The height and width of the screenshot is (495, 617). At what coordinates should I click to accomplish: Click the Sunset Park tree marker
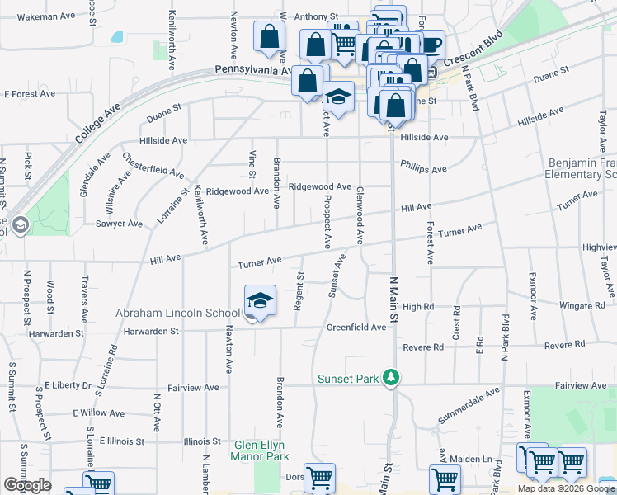(392, 379)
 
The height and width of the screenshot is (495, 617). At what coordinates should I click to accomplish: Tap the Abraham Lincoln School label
(177, 313)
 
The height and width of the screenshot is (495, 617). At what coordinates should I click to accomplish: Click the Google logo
(27, 485)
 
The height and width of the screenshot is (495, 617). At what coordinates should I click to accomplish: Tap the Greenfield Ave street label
(356, 328)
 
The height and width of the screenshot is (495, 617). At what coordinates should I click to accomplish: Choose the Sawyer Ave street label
(119, 224)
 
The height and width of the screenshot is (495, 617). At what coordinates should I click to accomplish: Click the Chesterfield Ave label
(153, 165)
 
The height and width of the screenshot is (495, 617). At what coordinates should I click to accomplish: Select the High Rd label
(418, 307)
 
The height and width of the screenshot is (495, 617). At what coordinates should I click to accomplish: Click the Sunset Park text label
(348, 379)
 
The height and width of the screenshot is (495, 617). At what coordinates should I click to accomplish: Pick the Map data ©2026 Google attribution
(566, 488)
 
